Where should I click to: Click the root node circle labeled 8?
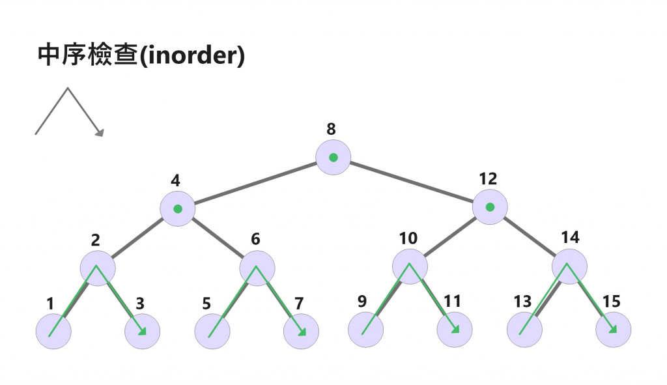pyautogui.click(x=333, y=158)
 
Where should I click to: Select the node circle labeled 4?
pyautogui.click(x=177, y=209)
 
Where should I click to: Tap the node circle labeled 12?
pyautogui.click(x=490, y=207)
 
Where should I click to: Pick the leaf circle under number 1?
pyautogui.click(x=53, y=331)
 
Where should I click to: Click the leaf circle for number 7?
pyautogui.click(x=301, y=331)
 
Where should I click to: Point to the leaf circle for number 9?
pyautogui.click(x=365, y=330)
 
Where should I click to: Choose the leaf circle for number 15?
pyautogui.click(x=613, y=330)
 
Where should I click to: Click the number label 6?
pyautogui.click(x=255, y=239)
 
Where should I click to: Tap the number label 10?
pyautogui.click(x=408, y=238)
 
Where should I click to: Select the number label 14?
pyautogui.click(x=570, y=237)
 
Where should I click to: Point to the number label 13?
pyautogui.click(x=522, y=302)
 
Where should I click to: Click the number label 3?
pyautogui.click(x=139, y=303)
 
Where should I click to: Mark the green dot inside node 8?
pyautogui.click(x=333, y=158)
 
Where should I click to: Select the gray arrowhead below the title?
pyautogui.click(x=100, y=133)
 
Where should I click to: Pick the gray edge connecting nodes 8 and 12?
pyautogui.click(x=411, y=182)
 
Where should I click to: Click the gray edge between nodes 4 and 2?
pyautogui.click(x=137, y=238)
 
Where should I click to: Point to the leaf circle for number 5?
pyautogui.click(x=212, y=331)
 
